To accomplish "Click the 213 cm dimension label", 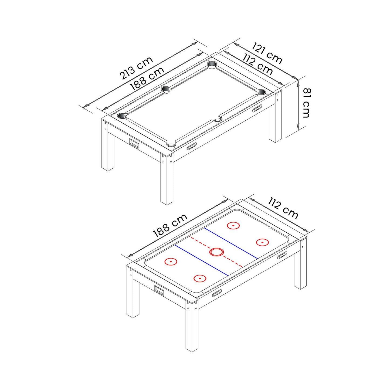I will (x=136, y=68).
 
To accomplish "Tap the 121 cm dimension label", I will (x=267, y=53).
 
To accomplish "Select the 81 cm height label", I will (x=306, y=103).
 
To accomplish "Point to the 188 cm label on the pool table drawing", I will (x=147, y=79).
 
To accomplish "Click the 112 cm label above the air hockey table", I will (x=283, y=208).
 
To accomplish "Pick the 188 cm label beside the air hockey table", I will (x=170, y=225).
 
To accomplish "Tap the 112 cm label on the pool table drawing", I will (x=257, y=64).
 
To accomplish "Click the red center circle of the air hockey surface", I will (x=216, y=252).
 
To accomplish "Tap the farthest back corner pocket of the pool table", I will (x=212, y=65).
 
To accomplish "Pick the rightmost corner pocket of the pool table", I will (x=261, y=92).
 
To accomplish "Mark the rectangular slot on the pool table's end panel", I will (x=134, y=143).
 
